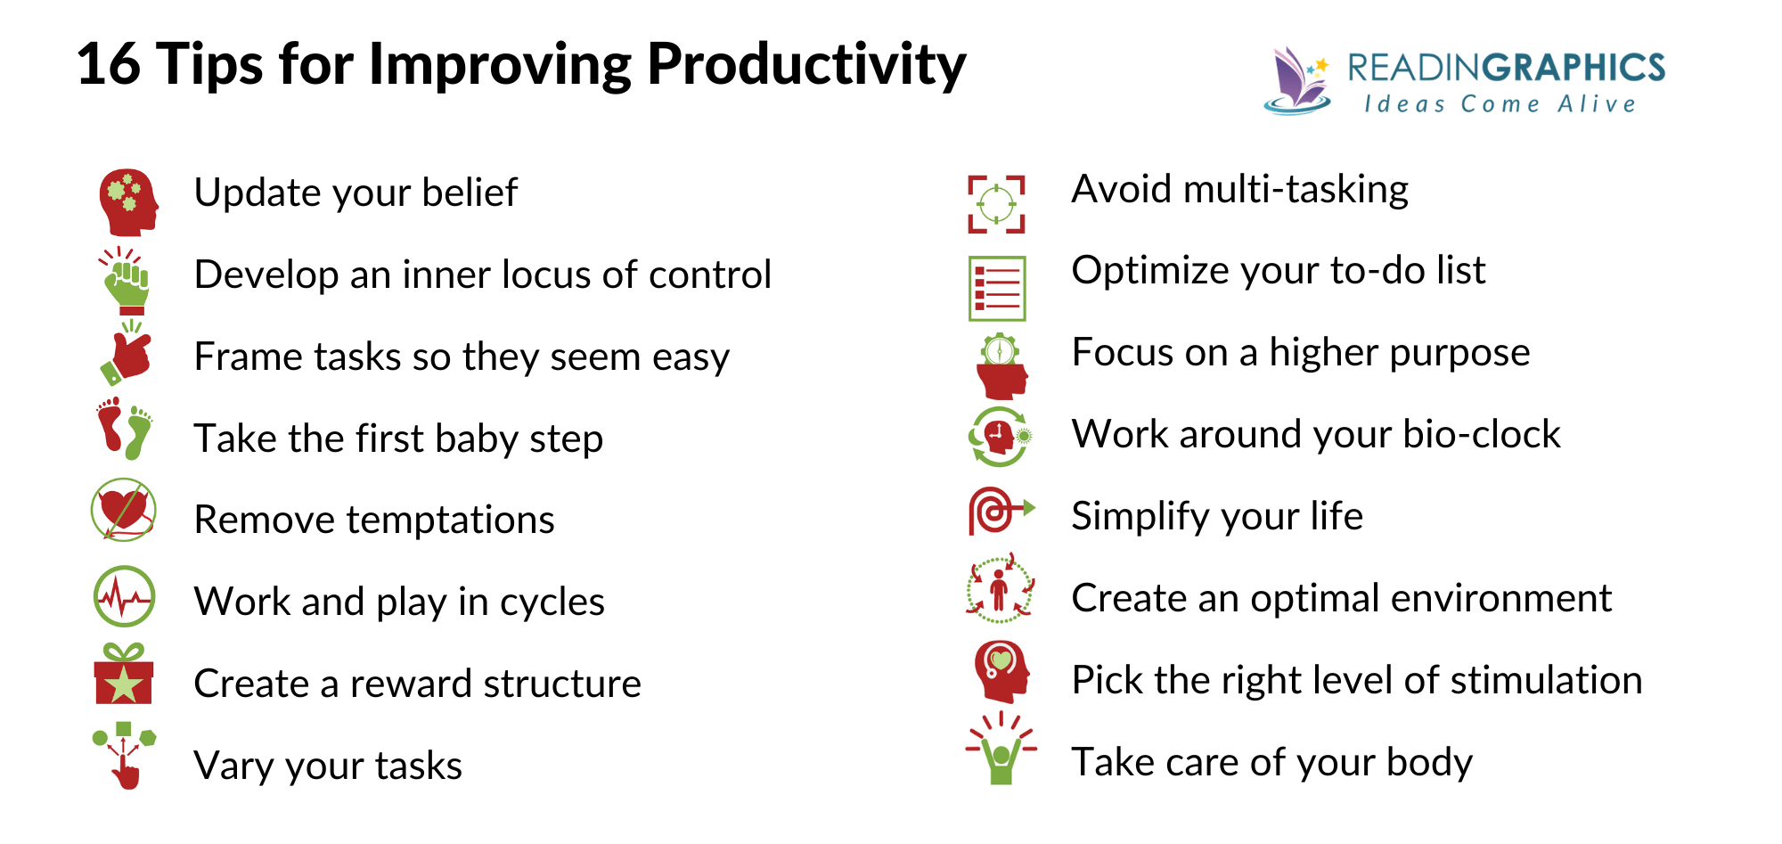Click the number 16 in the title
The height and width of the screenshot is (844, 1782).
109,64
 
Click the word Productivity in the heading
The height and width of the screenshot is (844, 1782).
805,66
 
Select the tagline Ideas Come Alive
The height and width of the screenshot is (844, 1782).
1500,104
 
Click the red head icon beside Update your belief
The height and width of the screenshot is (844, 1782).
127,202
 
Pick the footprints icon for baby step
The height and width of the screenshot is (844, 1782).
124,429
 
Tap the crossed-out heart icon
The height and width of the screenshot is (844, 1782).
124,511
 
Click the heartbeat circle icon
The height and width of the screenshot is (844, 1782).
124,596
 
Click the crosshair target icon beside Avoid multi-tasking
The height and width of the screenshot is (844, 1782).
996,205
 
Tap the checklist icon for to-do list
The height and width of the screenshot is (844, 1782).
997,288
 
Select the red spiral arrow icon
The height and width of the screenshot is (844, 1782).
1000,511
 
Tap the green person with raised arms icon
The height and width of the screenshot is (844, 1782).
1001,752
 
